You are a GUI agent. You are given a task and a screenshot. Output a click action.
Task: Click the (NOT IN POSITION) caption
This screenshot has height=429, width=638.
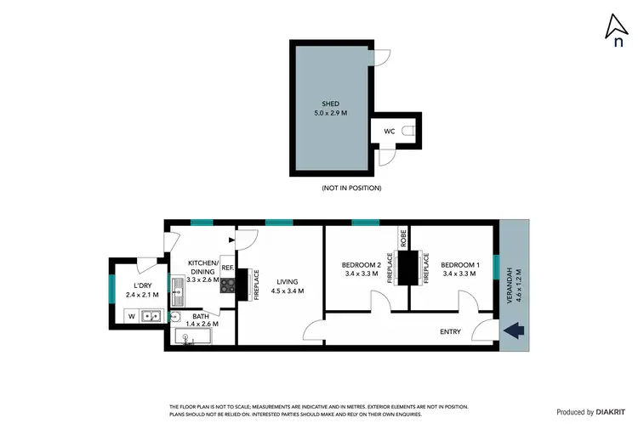[x=351, y=188]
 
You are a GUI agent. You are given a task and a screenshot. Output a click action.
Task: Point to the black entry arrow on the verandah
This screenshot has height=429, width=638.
[x=516, y=330]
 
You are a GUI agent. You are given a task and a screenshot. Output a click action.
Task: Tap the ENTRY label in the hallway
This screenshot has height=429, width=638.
[x=450, y=331]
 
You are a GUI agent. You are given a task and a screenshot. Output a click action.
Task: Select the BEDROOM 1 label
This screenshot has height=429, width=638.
[x=460, y=265]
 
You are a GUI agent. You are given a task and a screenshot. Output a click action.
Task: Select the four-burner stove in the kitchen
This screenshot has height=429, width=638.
[x=227, y=286]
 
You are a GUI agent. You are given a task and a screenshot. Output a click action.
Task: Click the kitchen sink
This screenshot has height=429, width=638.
[x=177, y=296]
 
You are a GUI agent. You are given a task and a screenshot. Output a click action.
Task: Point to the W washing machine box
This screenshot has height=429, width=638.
[x=131, y=317]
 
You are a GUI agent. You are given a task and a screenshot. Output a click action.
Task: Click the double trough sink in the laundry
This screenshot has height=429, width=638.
[x=151, y=317]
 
